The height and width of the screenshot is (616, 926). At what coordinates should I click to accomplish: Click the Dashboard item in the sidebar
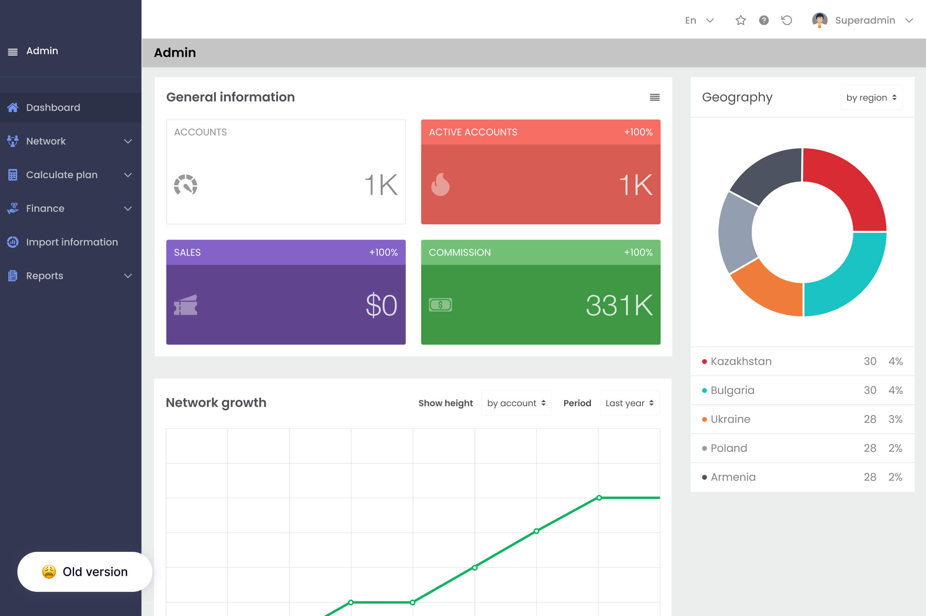coord(53,107)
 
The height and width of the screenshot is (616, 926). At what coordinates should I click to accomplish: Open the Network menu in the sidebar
coord(46,141)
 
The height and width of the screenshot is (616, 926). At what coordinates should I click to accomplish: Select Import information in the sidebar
coord(72,242)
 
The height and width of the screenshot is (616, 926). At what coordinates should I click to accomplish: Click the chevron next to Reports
coord(128,276)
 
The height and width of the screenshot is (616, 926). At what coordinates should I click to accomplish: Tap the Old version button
coord(85,571)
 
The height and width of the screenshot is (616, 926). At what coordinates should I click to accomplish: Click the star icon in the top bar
coord(741,20)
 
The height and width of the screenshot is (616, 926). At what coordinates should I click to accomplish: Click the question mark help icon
coord(764,20)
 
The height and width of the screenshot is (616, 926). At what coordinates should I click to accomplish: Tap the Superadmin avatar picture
coord(820,20)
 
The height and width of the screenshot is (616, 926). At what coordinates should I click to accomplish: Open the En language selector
coord(699,20)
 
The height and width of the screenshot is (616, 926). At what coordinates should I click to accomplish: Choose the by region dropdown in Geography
coord(871,97)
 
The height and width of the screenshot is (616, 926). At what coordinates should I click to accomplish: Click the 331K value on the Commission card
coord(619,305)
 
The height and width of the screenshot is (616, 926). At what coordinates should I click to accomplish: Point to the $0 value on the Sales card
coord(381,305)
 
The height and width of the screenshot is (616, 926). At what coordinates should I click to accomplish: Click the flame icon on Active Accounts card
coord(440,185)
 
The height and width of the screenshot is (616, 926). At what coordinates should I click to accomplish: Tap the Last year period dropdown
coord(629,403)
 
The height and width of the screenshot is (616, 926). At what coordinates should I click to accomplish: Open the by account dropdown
coord(516,403)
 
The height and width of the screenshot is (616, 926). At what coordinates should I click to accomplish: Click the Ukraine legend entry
coord(730,419)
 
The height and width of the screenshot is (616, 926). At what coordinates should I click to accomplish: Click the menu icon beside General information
coord(655,97)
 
